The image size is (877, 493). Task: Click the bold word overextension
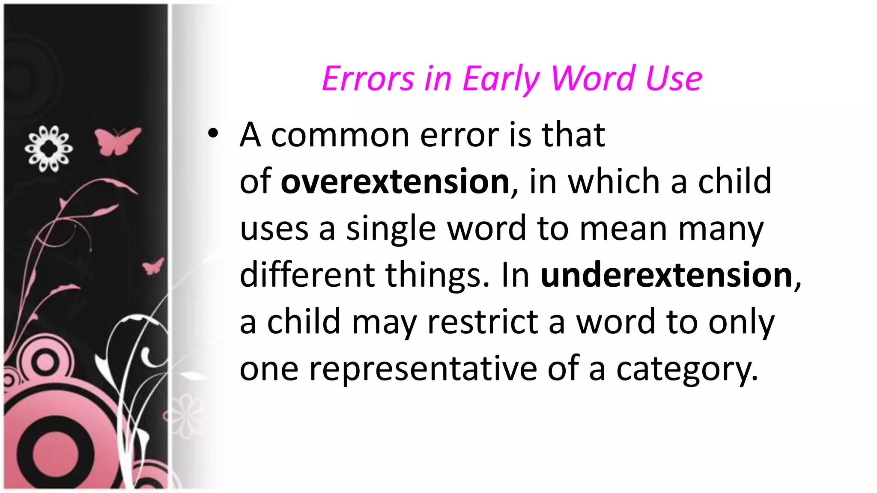[395, 181]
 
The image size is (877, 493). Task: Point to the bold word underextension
[666, 275]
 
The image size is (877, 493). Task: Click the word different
[307, 275]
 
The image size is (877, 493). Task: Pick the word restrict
[483, 322]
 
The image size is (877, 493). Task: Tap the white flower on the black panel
[48, 148]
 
